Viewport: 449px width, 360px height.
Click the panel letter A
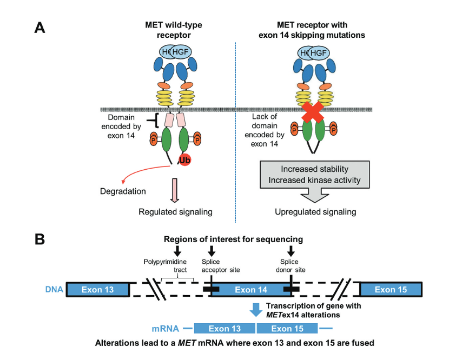[x=40, y=28]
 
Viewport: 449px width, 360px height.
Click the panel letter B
[x=40, y=238]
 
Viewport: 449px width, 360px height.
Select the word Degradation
[x=123, y=191]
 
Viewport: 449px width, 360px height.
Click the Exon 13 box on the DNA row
[x=97, y=289]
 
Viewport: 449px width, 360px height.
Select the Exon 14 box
[x=251, y=289]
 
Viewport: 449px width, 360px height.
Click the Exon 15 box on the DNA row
[x=392, y=289]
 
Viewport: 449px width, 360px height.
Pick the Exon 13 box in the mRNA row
[x=225, y=328]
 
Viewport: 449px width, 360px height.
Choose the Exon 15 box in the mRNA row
[x=287, y=328]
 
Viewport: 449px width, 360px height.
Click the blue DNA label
[x=54, y=289]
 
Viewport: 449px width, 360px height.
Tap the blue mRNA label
[x=166, y=328]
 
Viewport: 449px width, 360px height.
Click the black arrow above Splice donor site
[x=291, y=250]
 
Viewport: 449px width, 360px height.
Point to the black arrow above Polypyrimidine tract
[x=177, y=250]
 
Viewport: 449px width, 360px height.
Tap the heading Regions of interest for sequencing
[x=233, y=238]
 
